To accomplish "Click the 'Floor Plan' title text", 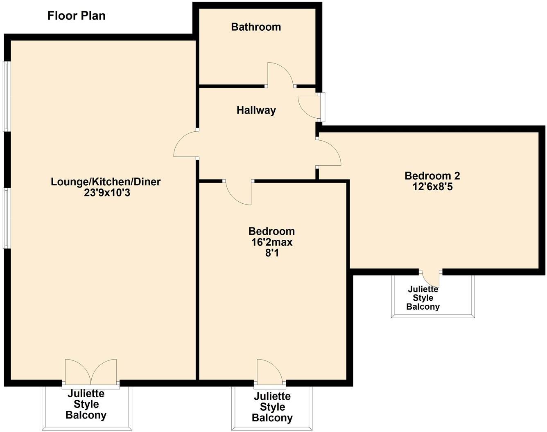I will pos(77,16).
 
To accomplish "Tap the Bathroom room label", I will pos(256,27).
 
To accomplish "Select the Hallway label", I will pos(256,110).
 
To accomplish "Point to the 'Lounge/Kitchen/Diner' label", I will pos(106,182).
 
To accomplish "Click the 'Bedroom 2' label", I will pos(432,176).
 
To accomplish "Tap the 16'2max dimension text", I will pos(272,242).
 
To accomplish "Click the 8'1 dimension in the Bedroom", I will pos(272,253).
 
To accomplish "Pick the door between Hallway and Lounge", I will pos(185,144).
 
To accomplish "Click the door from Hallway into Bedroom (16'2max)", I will pos(239,192).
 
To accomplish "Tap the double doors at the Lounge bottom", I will pos(91,371).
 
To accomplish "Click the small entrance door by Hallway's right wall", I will pos(309,106).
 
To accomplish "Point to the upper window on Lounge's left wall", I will pos(7,96).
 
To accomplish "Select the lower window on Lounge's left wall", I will pos(7,218).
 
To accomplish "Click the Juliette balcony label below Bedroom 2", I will pos(423,298).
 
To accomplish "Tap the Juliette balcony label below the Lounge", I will pos(86,404).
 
